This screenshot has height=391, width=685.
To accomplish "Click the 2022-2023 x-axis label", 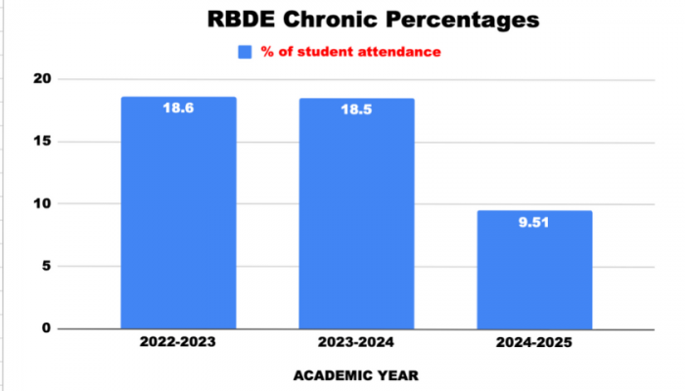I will click(x=178, y=344).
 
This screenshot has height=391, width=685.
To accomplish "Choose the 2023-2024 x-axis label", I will click(x=356, y=344).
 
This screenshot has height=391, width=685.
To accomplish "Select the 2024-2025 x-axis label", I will click(x=534, y=344).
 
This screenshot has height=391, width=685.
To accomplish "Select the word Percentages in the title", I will click(x=458, y=21).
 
